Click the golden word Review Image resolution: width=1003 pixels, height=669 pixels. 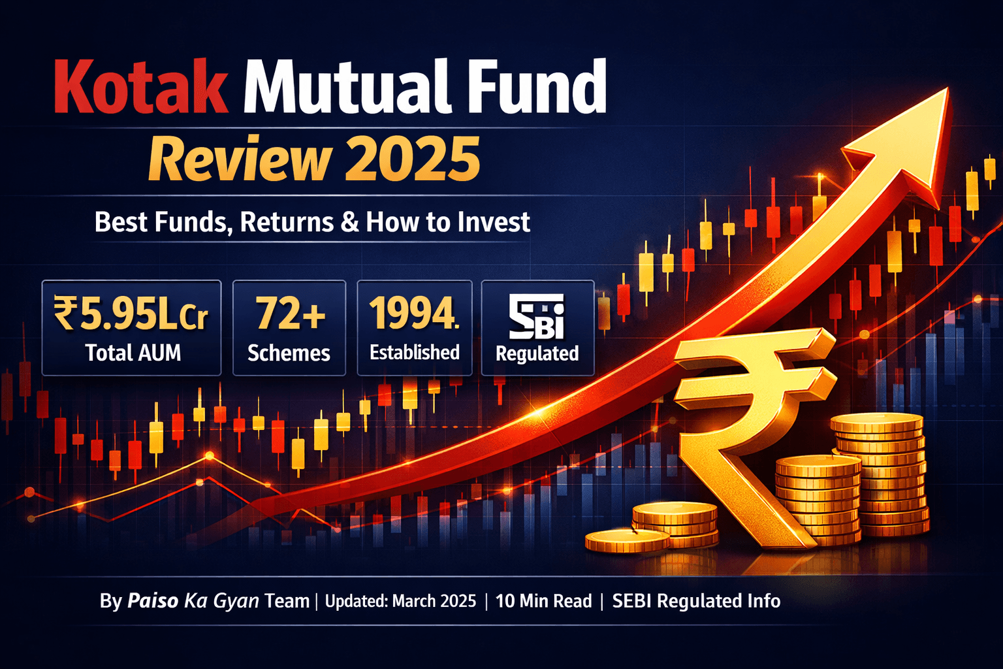pyautogui.click(x=240, y=159)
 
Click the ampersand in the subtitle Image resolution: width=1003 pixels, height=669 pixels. pyautogui.click(x=350, y=223)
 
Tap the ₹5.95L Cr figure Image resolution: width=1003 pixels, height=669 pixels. pyautogui.click(x=131, y=313)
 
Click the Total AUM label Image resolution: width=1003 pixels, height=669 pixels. pyautogui.click(x=133, y=353)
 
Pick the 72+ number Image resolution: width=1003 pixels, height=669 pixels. pyautogui.click(x=290, y=313)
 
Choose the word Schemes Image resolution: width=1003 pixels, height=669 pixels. pyautogui.click(x=289, y=353)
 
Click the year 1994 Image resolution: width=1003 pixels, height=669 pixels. pyautogui.click(x=414, y=313)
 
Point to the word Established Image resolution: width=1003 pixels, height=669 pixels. pyautogui.click(x=415, y=352)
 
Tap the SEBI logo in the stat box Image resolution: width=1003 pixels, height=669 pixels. pyautogui.click(x=536, y=316)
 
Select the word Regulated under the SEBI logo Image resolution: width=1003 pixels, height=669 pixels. pyautogui.click(x=537, y=353)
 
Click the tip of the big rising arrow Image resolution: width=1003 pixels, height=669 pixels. pyautogui.click(x=947, y=88)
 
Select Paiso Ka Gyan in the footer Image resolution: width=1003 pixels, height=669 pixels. pyautogui.click(x=193, y=601)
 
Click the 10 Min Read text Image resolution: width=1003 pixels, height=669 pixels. pyautogui.click(x=543, y=601)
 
